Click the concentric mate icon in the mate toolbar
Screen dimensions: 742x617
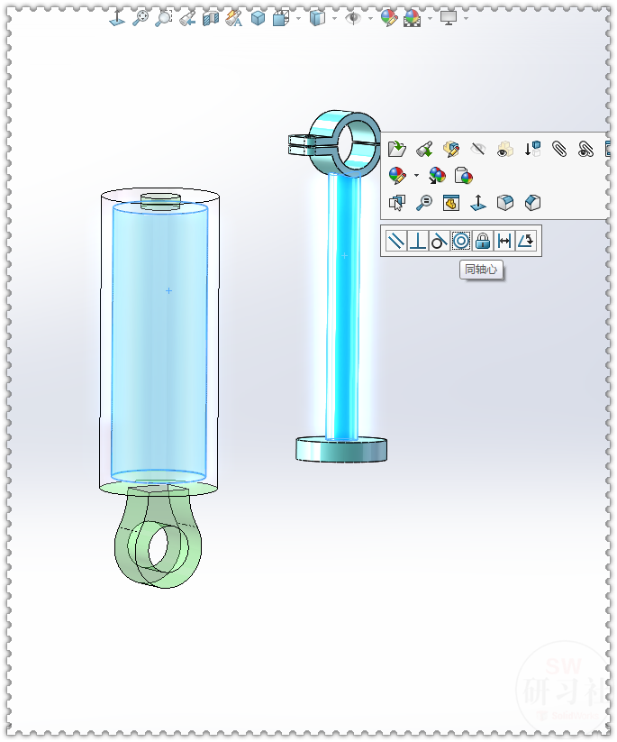461,241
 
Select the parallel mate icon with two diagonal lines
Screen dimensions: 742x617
395,241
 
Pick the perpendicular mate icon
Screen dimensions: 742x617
418,241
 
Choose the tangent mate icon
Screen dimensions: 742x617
440,241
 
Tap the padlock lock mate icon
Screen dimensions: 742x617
483,241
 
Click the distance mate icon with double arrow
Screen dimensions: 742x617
504,241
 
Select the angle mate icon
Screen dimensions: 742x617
526,241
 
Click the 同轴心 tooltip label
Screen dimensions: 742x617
481,269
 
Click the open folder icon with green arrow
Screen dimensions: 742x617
397,149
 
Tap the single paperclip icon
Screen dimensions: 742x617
559,149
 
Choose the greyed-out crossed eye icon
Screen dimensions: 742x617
478,149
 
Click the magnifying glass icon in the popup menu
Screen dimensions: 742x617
424,203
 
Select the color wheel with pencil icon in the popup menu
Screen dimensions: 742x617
397,176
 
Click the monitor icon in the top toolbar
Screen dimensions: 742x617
448,17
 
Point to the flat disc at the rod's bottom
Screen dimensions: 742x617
341,449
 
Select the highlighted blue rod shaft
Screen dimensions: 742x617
343,307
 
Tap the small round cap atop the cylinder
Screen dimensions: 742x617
161,200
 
